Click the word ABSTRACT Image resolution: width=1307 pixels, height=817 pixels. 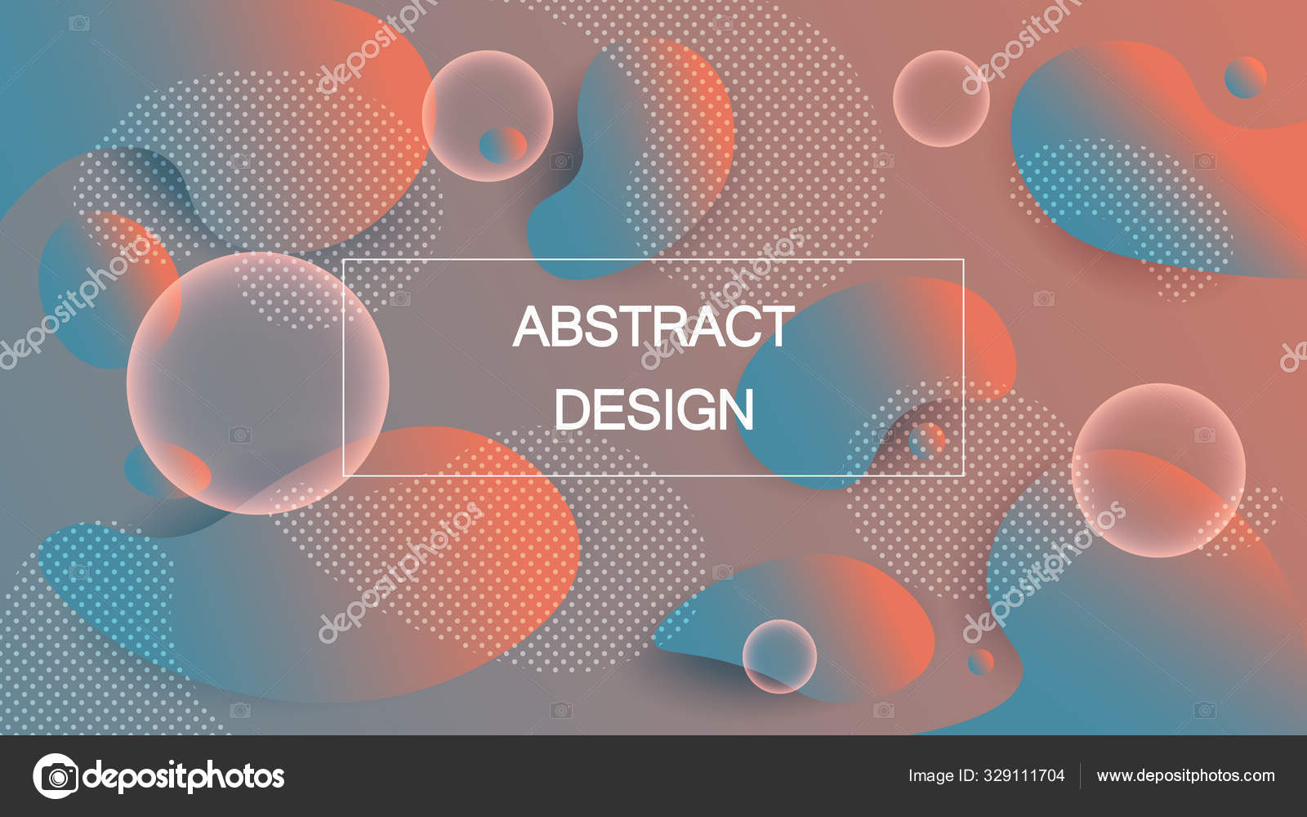[653, 326]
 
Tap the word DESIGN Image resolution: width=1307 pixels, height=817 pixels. [654, 409]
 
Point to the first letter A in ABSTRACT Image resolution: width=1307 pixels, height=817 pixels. [533, 326]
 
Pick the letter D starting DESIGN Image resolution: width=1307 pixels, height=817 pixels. [573, 409]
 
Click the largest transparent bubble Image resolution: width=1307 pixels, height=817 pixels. [258, 383]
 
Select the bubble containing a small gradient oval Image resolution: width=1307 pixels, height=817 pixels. [487, 116]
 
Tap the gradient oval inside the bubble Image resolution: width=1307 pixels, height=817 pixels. [503, 145]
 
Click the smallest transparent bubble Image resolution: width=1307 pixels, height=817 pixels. [779, 657]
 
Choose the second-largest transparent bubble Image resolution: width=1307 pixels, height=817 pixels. [1159, 471]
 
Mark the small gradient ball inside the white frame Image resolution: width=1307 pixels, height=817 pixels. [926, 440]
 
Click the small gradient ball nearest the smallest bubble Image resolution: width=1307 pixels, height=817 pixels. [981, 663]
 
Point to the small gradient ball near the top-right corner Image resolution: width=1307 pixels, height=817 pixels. [1246, 78]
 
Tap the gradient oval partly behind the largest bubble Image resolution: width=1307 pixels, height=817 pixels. [168, 471]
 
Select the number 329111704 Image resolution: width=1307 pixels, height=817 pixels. [1024, 775]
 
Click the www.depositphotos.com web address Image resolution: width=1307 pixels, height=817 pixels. [1185, 776]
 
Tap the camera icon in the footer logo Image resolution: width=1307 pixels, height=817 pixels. [56, 776]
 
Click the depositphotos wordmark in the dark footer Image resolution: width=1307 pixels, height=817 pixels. [184, 777]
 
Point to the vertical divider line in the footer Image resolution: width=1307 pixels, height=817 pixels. [1081, 775]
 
